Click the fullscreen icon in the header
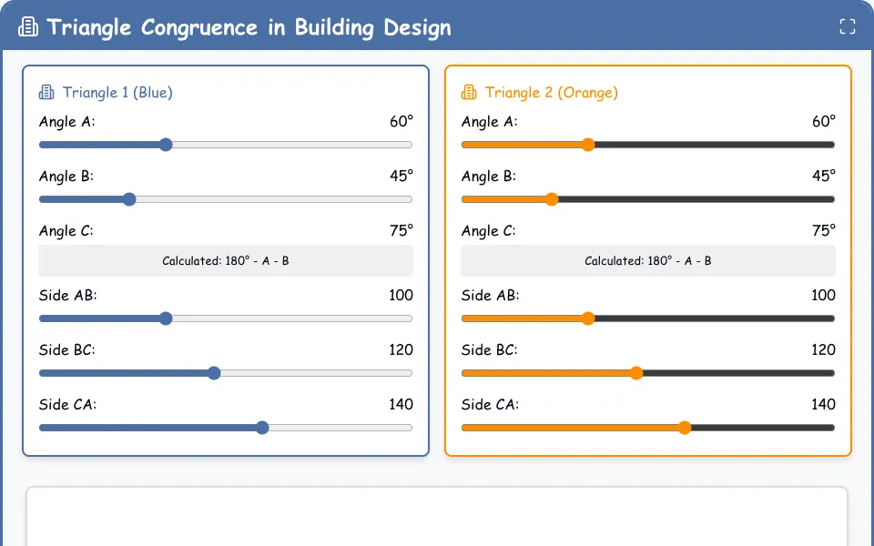pyautogui.click(x=848, y=26)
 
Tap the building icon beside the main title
pyautogui.click(x=28, y=26)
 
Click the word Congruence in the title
pyautogui.click(x=199, y=27)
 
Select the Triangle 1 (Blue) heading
pyautogui.click(x=117, y=93)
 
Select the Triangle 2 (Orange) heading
pyautogui.click(x=552, y=93)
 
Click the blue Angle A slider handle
pyautogui.click(x=166, y=145)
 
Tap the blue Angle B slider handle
pyautogui.click(x=129, y=199)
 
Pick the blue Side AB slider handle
pyautogui.click(x=166, y=318)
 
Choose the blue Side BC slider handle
pyautogui.click(x=214, y=373)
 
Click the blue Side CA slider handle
pyautogui.click(x=262, y=428)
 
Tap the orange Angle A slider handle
pyautogui.click(x=588, y=145)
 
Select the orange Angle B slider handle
pyautogui.click(x=552, y=199)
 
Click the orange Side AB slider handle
pyautogui.click(x=588, y=318)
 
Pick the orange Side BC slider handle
pyautogui.click(x=636, y=373)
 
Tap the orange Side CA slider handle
pyautogui.click(x=685, y=428)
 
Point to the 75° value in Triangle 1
pyautogui.click(x=401, y=230)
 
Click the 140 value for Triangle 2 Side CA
pyautogui.click(x=823, y=404)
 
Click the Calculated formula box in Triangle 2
pyautogui.click(x=647, y=261)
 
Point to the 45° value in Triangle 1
pyautogui.click(x=401, y=176)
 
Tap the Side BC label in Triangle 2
pyautogui.click(x=490, y=349)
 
